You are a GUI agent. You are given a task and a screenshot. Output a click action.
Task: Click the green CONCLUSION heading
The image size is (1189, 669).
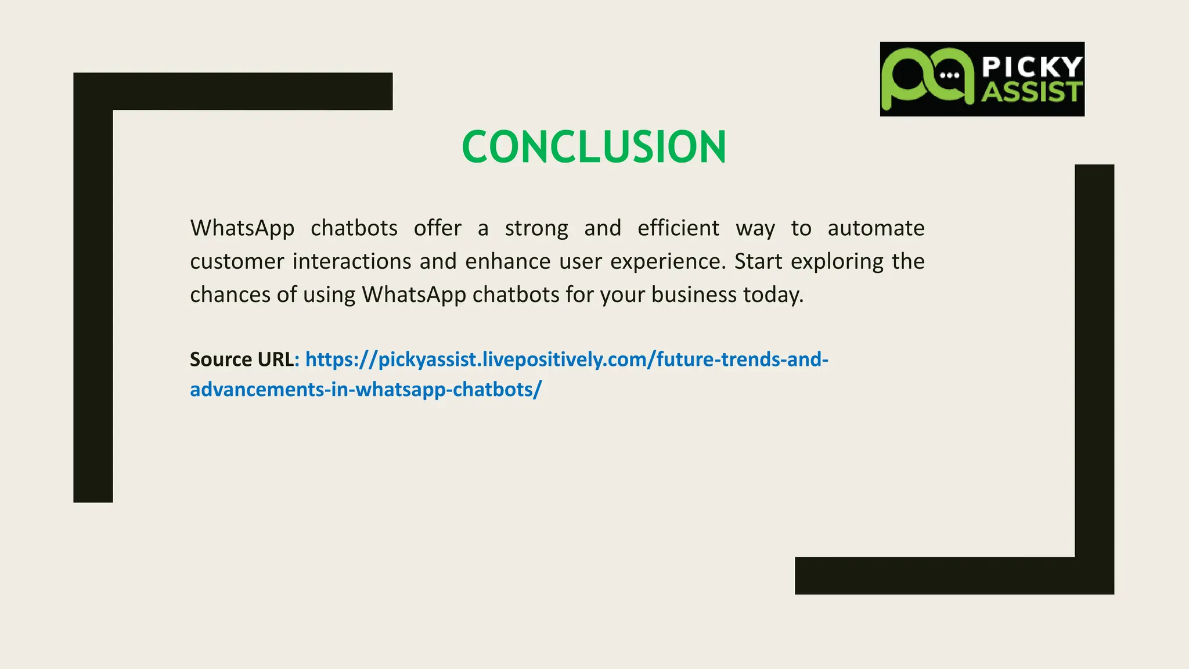click(x=593, y=146)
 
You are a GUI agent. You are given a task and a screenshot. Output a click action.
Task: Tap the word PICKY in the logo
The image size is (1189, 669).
click(x=1032, y=67)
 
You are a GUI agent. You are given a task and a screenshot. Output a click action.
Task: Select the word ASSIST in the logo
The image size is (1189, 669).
click(x=1032, y=92)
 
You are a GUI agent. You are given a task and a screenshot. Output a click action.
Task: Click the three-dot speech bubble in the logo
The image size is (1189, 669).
click(x=949, y=75)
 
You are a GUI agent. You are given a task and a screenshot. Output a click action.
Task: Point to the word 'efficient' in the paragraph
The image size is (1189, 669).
click(x=678, y=228)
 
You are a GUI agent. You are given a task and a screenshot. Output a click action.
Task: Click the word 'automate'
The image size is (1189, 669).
click(x=875, y=228)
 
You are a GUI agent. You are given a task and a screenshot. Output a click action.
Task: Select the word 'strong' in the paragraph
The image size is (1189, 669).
click(x=536, y=228)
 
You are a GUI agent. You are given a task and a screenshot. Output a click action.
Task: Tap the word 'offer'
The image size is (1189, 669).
click(x=437, y=228)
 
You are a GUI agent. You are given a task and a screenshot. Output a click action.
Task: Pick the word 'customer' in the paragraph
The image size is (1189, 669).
click(x=237, y=261)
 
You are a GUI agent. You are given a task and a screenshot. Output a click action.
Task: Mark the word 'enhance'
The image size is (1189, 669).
click(x=507, y=261)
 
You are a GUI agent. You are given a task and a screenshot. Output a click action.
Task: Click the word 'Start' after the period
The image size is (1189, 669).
click(x=758, y=261)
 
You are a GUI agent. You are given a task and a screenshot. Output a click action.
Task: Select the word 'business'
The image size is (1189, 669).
click(x=694, y=294)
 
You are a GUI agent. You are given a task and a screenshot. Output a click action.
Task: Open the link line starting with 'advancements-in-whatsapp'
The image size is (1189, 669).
click(x=366, y=389)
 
